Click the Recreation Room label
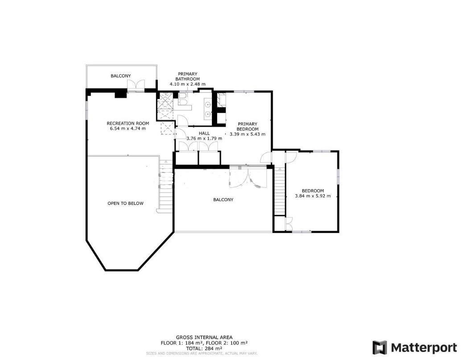pyautogui.click(x=128, y=123)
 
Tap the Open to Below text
pyautogui.click(x=125, y=203)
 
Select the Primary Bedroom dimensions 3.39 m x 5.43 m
pyautogui.click(x=248, y=134)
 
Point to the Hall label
pyautogui.click(x=204, y=133)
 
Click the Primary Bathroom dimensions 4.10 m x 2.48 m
pyautogui.click(x=187, y=84)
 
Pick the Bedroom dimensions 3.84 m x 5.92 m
pyautogui.click(x=313, y=196)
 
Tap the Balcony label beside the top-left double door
pyautogui.click(x=120, y=76)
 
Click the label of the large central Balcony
pyautogui.click(x=223, y=200)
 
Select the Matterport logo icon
pyautogui.click(x=380, y=347)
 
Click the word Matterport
pyautogui.click(x=424, y=348)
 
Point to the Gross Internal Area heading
pyautogui.click(x=204, y=337)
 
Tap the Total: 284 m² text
pyautogui.click(x=204, y=348)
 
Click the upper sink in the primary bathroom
pyautogui.click(x=208, y=105)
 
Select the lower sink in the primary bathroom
pyautogui.click(x=208, y=114)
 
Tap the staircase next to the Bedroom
pyautogui.click(x=280, y=191)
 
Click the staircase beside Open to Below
pyautogui.click(x=165, y=186)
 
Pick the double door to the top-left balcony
pyautogui.click(x=136, y=86)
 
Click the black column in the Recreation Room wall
pyautogui.click(x=120, y=94)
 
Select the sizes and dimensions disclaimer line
pyautogui.click(x=202, y=353)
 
